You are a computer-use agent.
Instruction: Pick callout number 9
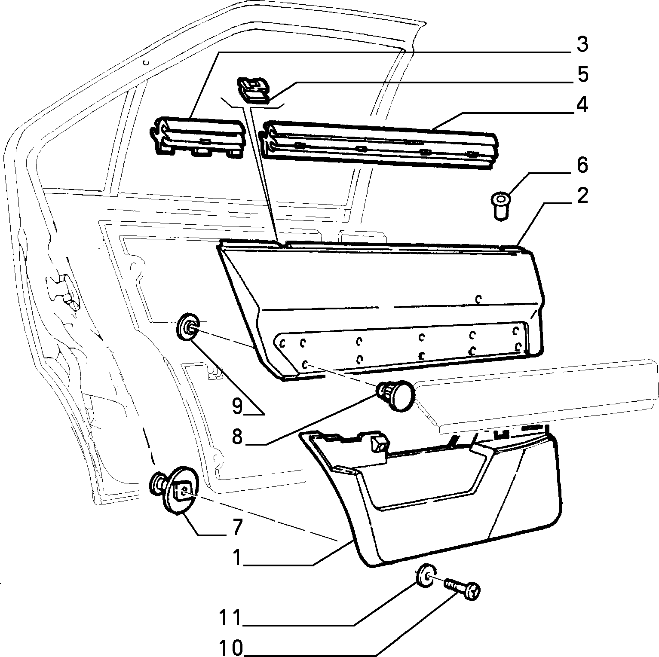pos(237,406)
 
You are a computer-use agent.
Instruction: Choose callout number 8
pos(237,437)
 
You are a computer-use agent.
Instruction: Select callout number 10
pos(232,648)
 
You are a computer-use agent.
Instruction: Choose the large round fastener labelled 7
pos(176,489)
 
